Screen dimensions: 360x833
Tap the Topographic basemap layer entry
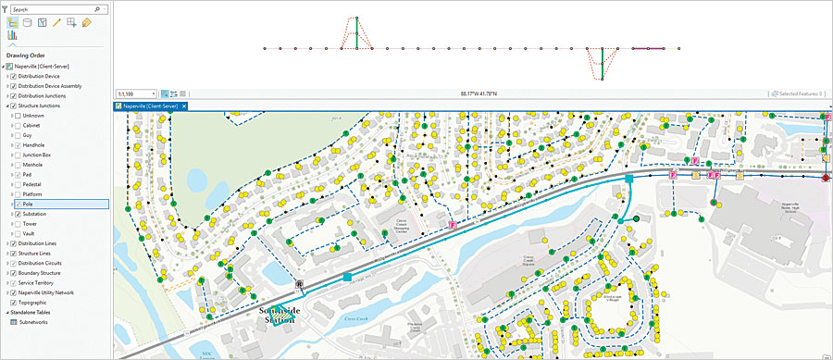36,302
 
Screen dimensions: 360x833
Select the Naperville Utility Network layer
52,292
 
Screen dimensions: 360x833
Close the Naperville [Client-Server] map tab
184,106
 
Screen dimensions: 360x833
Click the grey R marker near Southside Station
299,285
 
